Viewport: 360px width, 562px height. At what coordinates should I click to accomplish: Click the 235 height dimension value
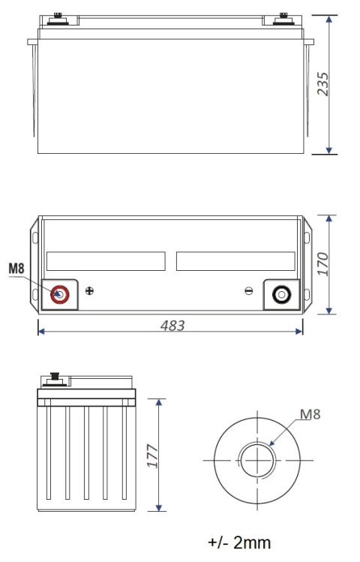[323, 83]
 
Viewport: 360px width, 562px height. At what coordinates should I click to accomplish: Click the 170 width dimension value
[323, 265]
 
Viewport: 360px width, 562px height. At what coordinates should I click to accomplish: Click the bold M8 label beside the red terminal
[17, 268]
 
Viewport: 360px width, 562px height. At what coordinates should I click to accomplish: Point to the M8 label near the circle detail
[310, 413]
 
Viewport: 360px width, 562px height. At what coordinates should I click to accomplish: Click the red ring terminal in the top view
[60, 295]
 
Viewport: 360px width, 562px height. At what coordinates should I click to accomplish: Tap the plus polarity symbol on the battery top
[90, 291]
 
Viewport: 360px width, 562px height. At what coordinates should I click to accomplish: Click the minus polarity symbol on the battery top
[250, 291]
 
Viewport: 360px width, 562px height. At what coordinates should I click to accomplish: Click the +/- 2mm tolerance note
[239, 542]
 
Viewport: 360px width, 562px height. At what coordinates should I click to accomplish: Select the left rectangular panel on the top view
[105, 261]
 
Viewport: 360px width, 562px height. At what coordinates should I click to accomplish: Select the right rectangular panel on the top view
[235, 261]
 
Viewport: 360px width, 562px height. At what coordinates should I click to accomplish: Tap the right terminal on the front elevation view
[283, 17]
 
